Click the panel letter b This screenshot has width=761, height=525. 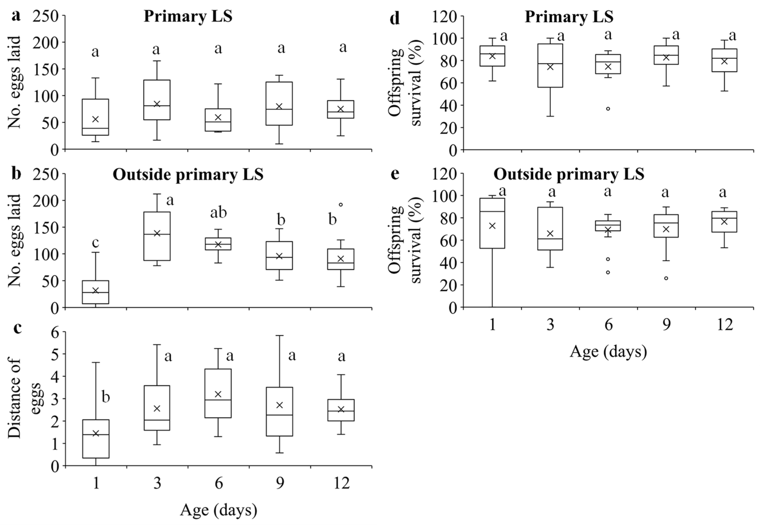tap(16, 174)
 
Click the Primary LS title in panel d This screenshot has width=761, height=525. tap(569, 16)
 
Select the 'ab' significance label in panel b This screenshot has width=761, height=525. tap(218, 213)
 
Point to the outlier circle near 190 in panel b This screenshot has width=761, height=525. tap(341, 205)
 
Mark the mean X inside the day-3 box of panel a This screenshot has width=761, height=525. tap(157, 104)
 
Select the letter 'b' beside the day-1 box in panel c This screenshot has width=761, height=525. tap(105, 397)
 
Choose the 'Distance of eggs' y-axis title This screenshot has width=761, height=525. tap(23, 398)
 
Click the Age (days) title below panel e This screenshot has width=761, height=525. tap(608, 351)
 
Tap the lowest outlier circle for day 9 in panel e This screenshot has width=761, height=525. tap(666, 278)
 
